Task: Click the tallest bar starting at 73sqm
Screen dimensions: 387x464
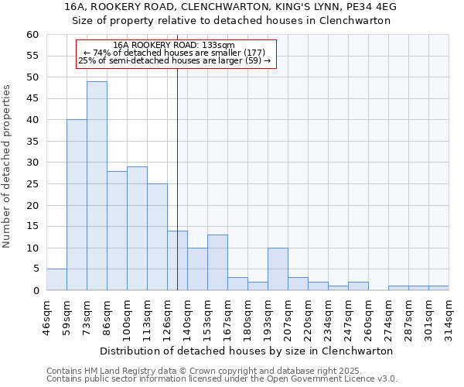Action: pos(97,186)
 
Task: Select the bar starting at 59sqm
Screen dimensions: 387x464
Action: pos(77,205)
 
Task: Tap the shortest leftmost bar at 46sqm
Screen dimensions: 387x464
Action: pos(56,279)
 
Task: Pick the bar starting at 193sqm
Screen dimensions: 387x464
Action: pos(278,269)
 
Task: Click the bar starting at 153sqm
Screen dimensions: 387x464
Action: pos(217,262)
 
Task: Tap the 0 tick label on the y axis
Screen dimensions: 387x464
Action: pos(35,291)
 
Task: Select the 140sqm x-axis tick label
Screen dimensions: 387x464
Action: pos(187,315)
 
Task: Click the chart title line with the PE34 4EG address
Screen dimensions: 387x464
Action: pos(231,7)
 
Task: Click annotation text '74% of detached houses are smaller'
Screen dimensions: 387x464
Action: pos(174,53)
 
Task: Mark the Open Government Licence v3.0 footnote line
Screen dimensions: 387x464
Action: pos(221,379)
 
